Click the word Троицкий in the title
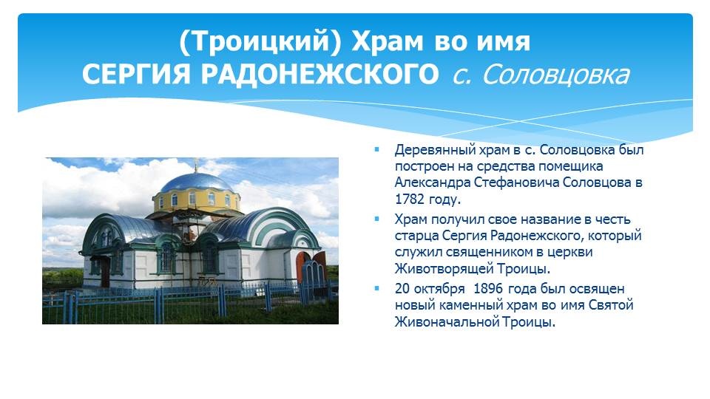tap(260, 41)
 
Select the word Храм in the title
tap(388, 41)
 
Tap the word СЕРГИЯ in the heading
tap(136, 74)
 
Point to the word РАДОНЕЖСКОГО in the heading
tap(319, 74)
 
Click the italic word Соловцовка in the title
tap(555, 74)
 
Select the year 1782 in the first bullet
tap(409, 199)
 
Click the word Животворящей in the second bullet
tap(444, 269)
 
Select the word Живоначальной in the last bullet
tap(447, 322)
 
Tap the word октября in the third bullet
tap(439, 289)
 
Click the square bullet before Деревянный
tap(376, 149)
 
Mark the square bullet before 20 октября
tap(376, 288)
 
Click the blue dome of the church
tap(197, 183)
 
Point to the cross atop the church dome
tap(196, 165)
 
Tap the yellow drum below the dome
tap(197, 201)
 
